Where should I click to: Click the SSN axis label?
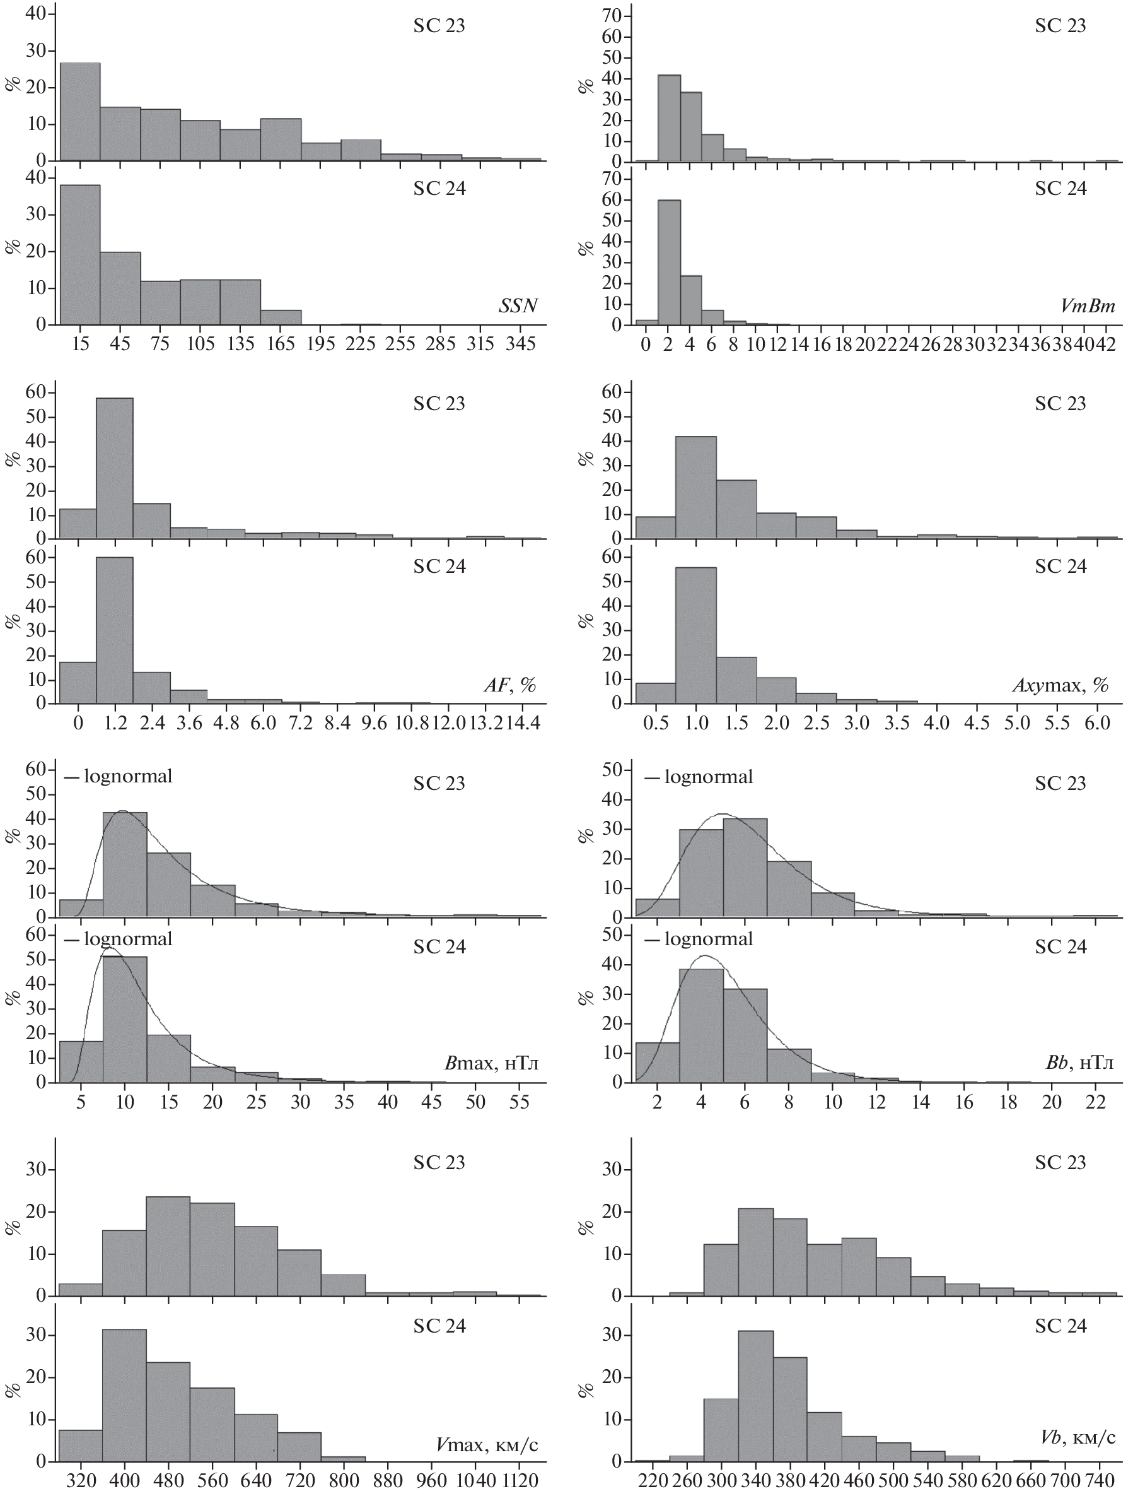(x=518, y=307)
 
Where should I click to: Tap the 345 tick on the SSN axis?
(x=521, y=345)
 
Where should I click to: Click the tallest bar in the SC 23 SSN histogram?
(x=80, y=112)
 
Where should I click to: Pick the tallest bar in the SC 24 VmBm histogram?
(x=669, y=262)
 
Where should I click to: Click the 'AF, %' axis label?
(x=509, y=685)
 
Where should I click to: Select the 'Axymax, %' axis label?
(x=1060, y=685)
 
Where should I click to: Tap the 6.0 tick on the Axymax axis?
(x=1097, y=723)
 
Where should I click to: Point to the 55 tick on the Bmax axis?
(x=519, y=1102)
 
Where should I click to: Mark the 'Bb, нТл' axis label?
(x=1079, y=1063)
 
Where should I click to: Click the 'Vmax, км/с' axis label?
(x=487, y=1442)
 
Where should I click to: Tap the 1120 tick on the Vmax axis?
(x=519, y=1480)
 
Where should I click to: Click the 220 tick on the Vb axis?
(x=653, y=1480)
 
